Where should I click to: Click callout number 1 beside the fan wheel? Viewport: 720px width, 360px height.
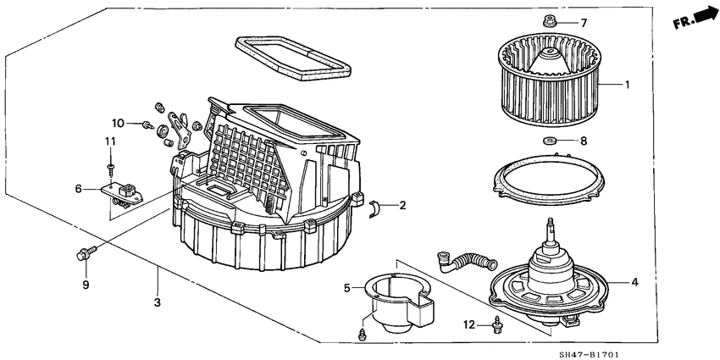[x=627, y=85]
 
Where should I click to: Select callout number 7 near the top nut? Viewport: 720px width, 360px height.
[x=583, y=23]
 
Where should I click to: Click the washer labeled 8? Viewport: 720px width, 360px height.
[x=551, y=141]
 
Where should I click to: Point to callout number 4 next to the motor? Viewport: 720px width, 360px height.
[x=634, y=282]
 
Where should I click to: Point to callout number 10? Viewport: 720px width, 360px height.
[x=118, y=124]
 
